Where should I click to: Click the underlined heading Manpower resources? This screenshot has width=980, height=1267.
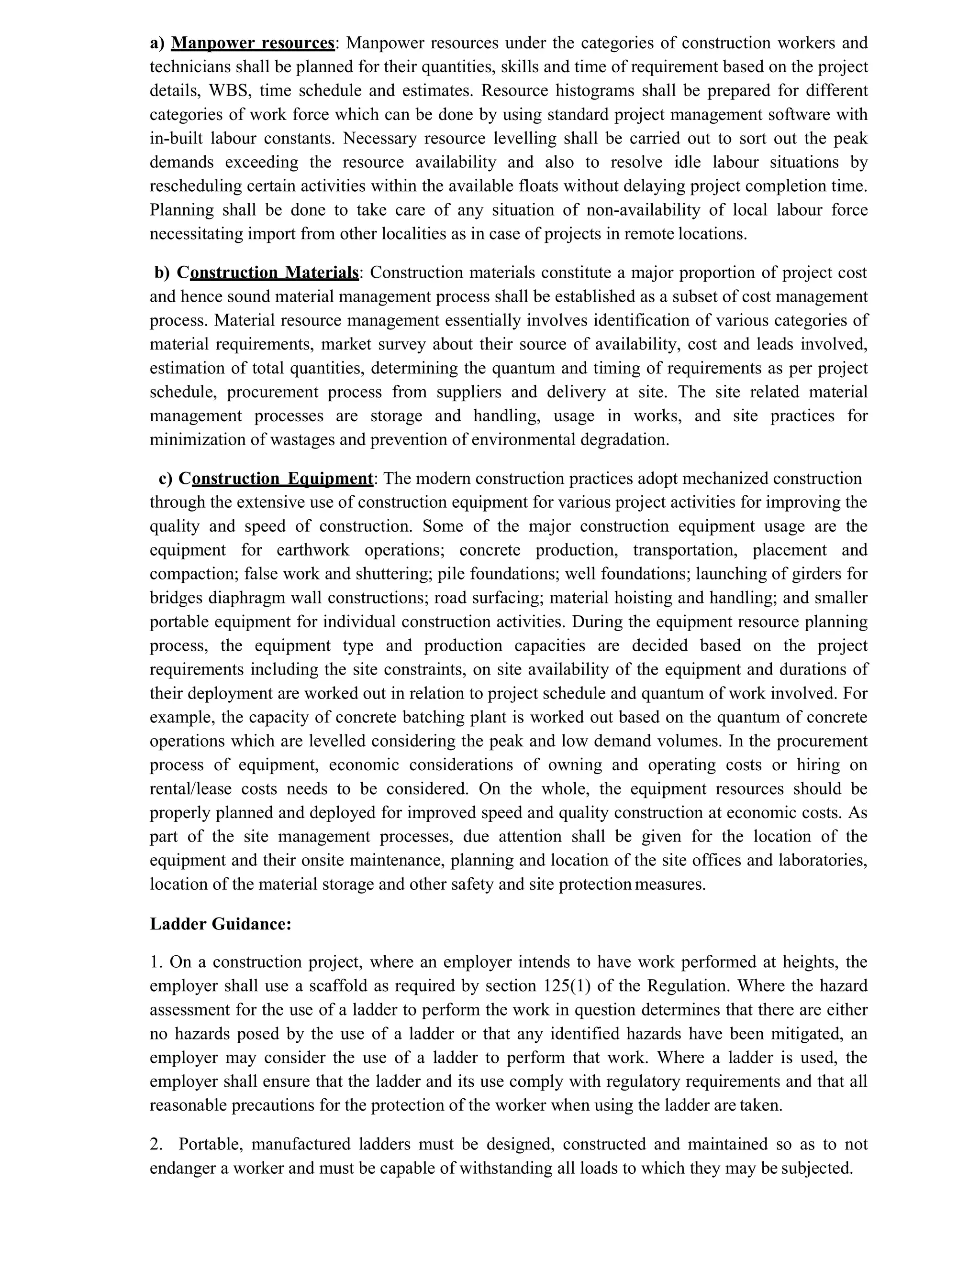click(x=253, y=44)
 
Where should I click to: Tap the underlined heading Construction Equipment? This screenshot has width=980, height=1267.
click(x=276, y=479)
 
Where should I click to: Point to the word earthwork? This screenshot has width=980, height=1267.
click(x=313, y=550)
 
